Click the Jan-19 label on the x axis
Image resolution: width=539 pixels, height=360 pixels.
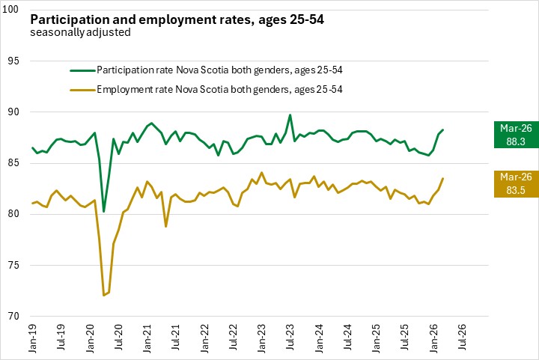pos(34,340)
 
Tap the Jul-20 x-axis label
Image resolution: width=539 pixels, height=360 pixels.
pos(118,340)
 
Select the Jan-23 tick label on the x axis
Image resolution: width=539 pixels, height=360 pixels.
pos(261,340)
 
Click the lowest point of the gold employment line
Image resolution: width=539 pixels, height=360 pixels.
pos(104,296)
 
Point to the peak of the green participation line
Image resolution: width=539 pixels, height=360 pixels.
pos(290,115)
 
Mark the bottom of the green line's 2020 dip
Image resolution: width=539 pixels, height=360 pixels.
pos(104,212)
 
